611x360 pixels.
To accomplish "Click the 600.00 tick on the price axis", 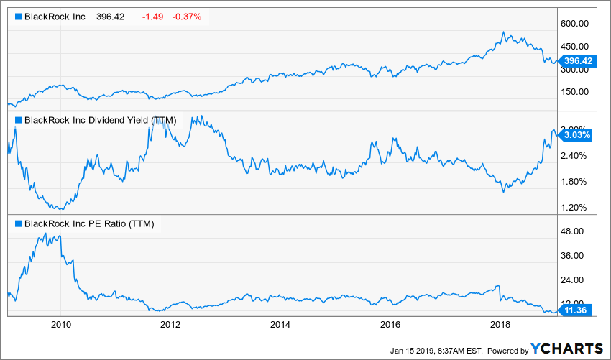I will coord(576,24).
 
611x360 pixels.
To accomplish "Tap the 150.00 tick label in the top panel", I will coord(576,92).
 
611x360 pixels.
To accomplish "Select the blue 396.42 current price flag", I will coord(578,61).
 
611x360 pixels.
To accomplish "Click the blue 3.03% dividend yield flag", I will coord(576,134).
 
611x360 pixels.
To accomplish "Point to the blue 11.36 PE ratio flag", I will coord(576,310).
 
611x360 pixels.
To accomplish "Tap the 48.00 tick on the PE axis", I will coord(574,231).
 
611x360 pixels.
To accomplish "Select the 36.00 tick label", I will coord(574,256).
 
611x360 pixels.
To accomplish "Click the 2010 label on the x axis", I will coord(61,324).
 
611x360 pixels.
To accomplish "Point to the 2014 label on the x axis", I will coord(280,324).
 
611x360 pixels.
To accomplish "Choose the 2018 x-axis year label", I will coord(500,324).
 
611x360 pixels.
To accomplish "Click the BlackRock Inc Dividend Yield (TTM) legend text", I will coord(100,120).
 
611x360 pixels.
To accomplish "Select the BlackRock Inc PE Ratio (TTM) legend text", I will coord(89,223).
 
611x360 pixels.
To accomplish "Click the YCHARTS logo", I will coord(568,349).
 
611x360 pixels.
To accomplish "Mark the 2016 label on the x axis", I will coord(390,324).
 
